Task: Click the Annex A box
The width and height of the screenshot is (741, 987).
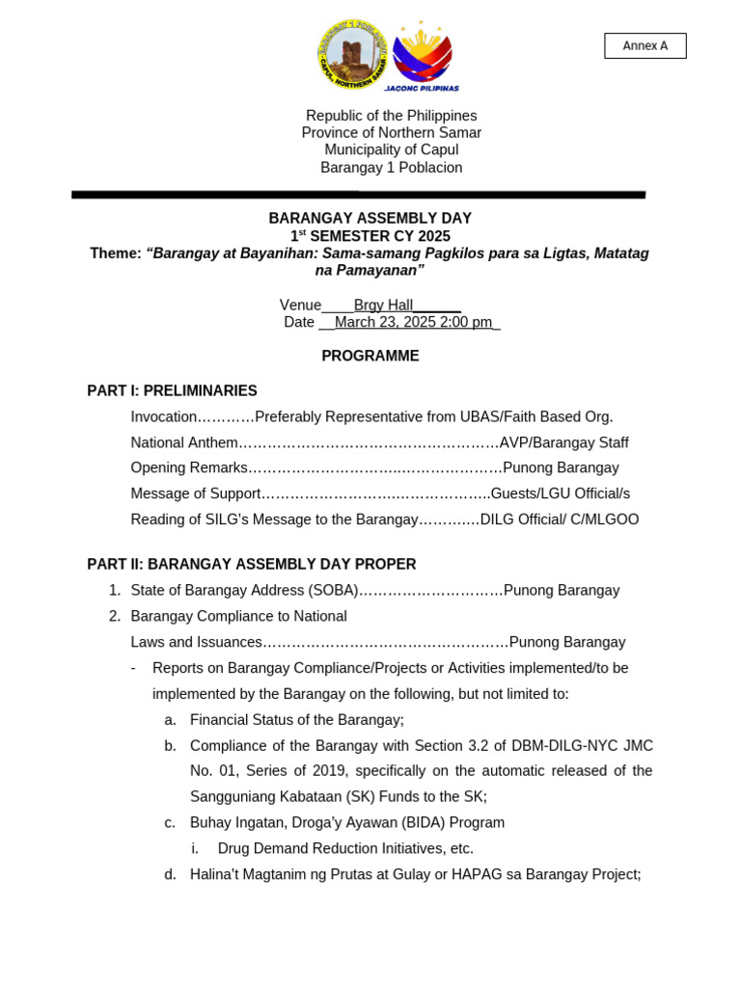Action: coord(645,45)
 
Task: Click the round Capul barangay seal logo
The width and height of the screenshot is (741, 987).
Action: coord(353,55)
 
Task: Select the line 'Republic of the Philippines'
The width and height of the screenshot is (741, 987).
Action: coord(391,116)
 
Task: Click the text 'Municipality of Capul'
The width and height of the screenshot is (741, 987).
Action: coord(391,149)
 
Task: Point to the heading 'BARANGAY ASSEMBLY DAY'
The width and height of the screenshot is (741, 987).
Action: coord(370,218)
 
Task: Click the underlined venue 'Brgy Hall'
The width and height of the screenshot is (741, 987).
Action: coord(383,305)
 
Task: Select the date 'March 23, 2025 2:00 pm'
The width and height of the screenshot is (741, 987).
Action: coord(413,322)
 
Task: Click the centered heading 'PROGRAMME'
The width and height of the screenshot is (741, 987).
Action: coord(370,356)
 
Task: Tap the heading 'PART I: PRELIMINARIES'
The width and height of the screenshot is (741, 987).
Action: coord(172,390)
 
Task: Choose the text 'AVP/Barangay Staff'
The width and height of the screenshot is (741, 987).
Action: coord(563,442)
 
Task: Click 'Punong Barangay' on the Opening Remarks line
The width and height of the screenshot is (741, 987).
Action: coord(561,467)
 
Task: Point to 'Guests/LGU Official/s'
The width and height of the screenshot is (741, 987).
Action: coord(560,493)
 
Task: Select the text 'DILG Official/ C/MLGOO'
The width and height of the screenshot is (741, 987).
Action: coord(559,520)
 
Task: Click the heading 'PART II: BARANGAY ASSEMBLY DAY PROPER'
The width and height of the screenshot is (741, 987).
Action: coord(251,564)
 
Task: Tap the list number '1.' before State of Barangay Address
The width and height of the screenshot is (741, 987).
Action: coord(115,590)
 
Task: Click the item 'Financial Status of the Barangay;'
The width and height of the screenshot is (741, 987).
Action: coord(296,719)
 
